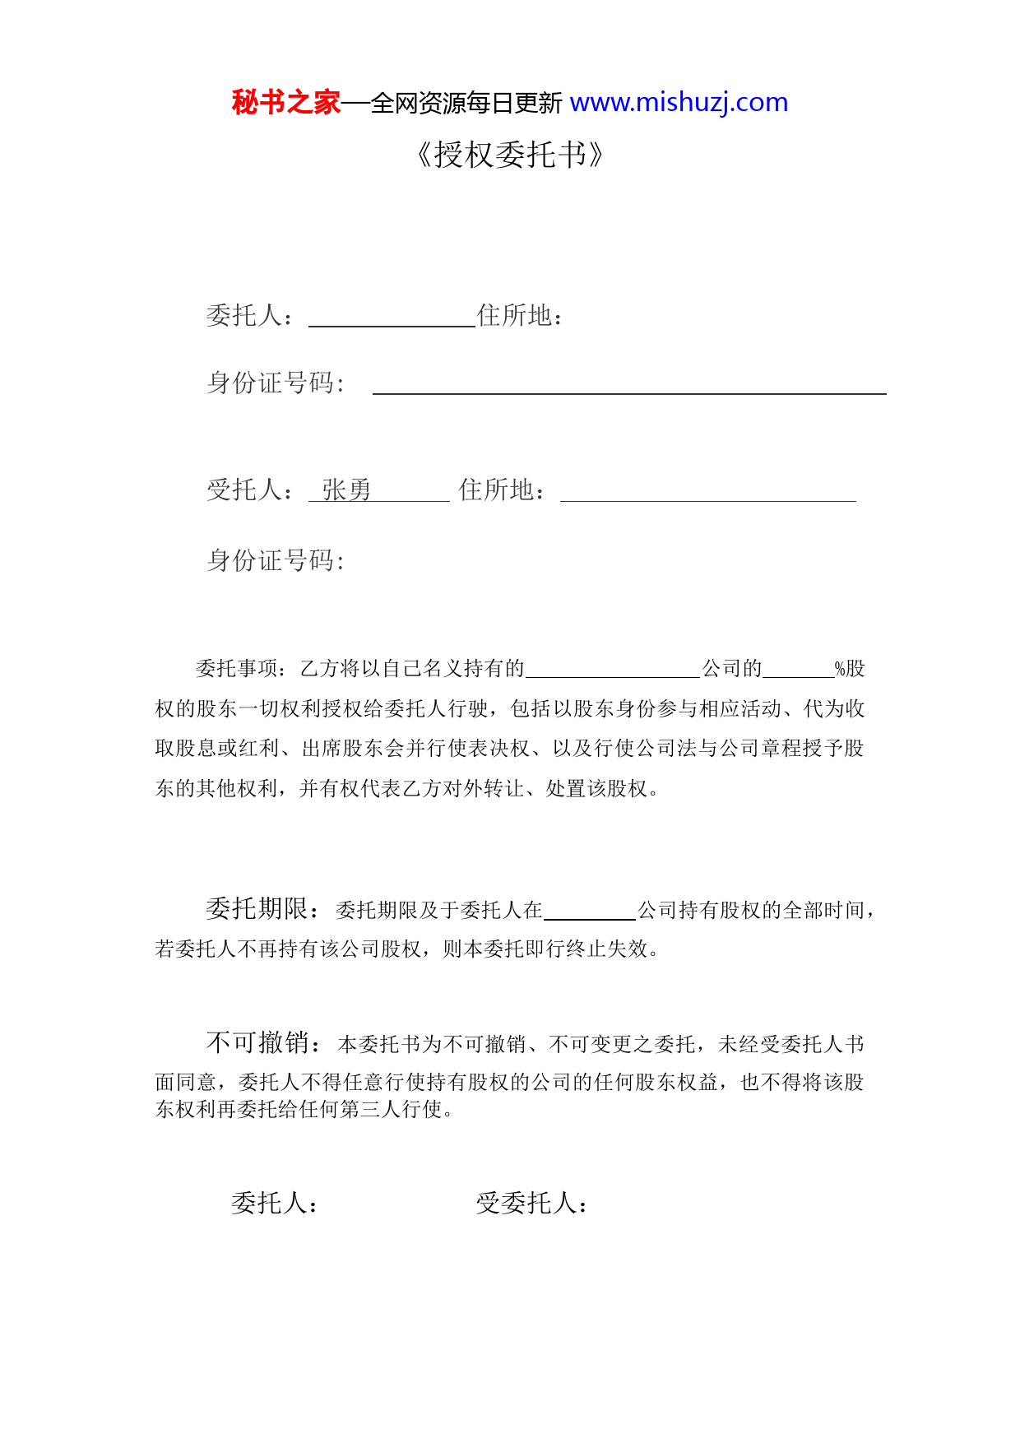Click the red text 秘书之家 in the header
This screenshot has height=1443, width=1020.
pos(285,103)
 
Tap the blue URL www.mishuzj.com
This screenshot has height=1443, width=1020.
pos(679,103)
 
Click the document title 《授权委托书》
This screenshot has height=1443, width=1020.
pos(510,155)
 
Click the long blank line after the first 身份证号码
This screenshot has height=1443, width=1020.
pos(629,387)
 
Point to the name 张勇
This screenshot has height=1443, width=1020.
pos(346,490)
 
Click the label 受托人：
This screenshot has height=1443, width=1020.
pos(250,490)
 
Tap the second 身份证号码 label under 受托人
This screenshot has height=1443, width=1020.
pos(276,561)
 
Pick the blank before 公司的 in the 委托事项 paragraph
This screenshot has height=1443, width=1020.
pos(613,670)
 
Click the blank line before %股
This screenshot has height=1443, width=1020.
pos(798,670)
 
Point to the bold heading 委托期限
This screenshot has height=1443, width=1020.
pos(256,909)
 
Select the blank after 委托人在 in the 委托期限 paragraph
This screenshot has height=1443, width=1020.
pos(590,912)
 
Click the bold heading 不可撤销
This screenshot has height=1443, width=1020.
pos(257,1043)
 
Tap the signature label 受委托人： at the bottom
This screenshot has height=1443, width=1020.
pos(531,1204)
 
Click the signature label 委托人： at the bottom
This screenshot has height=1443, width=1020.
pos(274,1204)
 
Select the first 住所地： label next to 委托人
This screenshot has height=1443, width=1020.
pos(520,316)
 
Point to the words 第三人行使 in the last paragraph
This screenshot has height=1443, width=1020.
pos(392,1110)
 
